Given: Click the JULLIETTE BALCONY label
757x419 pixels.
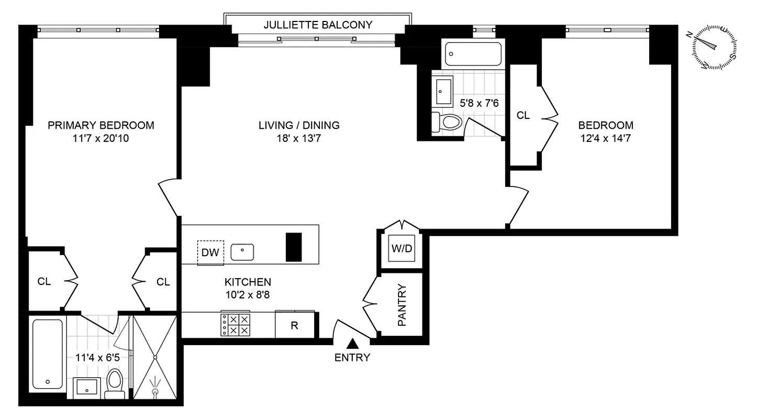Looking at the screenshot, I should coord(318,25).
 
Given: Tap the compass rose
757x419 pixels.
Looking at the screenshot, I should coord(715,47).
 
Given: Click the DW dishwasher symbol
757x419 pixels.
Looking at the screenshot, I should coord(210,253).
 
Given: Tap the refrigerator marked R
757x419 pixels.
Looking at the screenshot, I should coord(295,325).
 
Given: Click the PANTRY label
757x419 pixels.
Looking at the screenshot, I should coord(402,305).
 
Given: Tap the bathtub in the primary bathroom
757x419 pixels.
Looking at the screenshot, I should coord(48,354).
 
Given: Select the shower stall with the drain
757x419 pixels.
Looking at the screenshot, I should coord(155,358).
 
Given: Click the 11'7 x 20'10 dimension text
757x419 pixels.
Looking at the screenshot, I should coord(101,139).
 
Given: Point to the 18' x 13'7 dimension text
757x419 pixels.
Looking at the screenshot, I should coord(299,139).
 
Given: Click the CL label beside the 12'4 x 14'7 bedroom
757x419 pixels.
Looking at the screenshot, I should coord(523,116).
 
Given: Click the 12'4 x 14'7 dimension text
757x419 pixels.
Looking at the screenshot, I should coord(606,139).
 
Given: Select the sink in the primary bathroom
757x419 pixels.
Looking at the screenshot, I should coord(85,388).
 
